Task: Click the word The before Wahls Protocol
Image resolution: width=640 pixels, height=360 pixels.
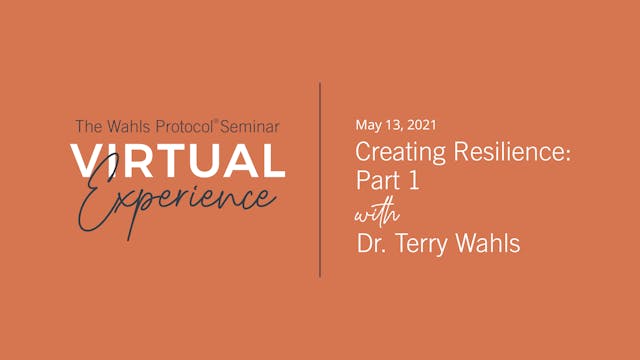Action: click(87, 127)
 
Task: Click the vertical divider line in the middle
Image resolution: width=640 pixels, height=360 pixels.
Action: click(320, 180)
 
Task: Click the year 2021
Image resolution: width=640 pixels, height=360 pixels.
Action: click(418, 125)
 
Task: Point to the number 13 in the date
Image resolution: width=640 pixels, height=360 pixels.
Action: click(393, 125)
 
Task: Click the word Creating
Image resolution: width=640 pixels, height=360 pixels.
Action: click(392, 154)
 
